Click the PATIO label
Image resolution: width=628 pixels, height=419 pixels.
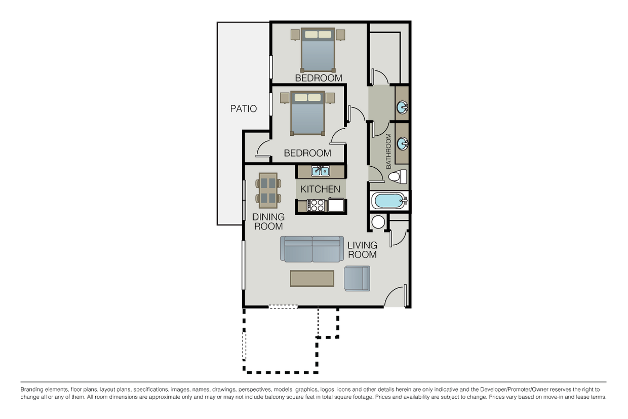coord(243,108)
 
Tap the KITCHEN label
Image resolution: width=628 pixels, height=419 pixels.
coord(320,189)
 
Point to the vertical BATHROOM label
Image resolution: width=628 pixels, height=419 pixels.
coord(388,151)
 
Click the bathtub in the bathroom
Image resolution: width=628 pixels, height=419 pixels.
coord(389,201)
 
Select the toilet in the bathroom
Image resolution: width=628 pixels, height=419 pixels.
coord(398,177)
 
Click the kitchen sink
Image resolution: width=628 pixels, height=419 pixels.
coord(320,171)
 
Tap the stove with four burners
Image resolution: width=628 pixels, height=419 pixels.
coord(316,205)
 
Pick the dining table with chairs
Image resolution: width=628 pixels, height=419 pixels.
coord(268,191)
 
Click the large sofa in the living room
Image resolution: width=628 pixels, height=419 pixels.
coord(312,249)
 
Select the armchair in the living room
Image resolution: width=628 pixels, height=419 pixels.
coord(357,279)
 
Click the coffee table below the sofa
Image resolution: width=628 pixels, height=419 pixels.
coord(312,279)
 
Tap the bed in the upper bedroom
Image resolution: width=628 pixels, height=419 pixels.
coord(318,50)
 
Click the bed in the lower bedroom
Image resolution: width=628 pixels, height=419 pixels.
coord(307,113)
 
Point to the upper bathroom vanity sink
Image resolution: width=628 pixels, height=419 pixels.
coord(402,107)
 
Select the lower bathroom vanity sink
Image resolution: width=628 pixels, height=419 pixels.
coord(402,143)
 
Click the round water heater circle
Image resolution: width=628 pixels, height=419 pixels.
coord(378,222)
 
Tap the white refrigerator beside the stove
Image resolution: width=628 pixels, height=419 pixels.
coord(336,205)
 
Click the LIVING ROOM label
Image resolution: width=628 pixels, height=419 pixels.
coord(362,250)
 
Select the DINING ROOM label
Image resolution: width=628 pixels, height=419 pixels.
coord(268,221)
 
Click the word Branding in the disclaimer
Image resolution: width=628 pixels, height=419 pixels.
coord(32,390)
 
